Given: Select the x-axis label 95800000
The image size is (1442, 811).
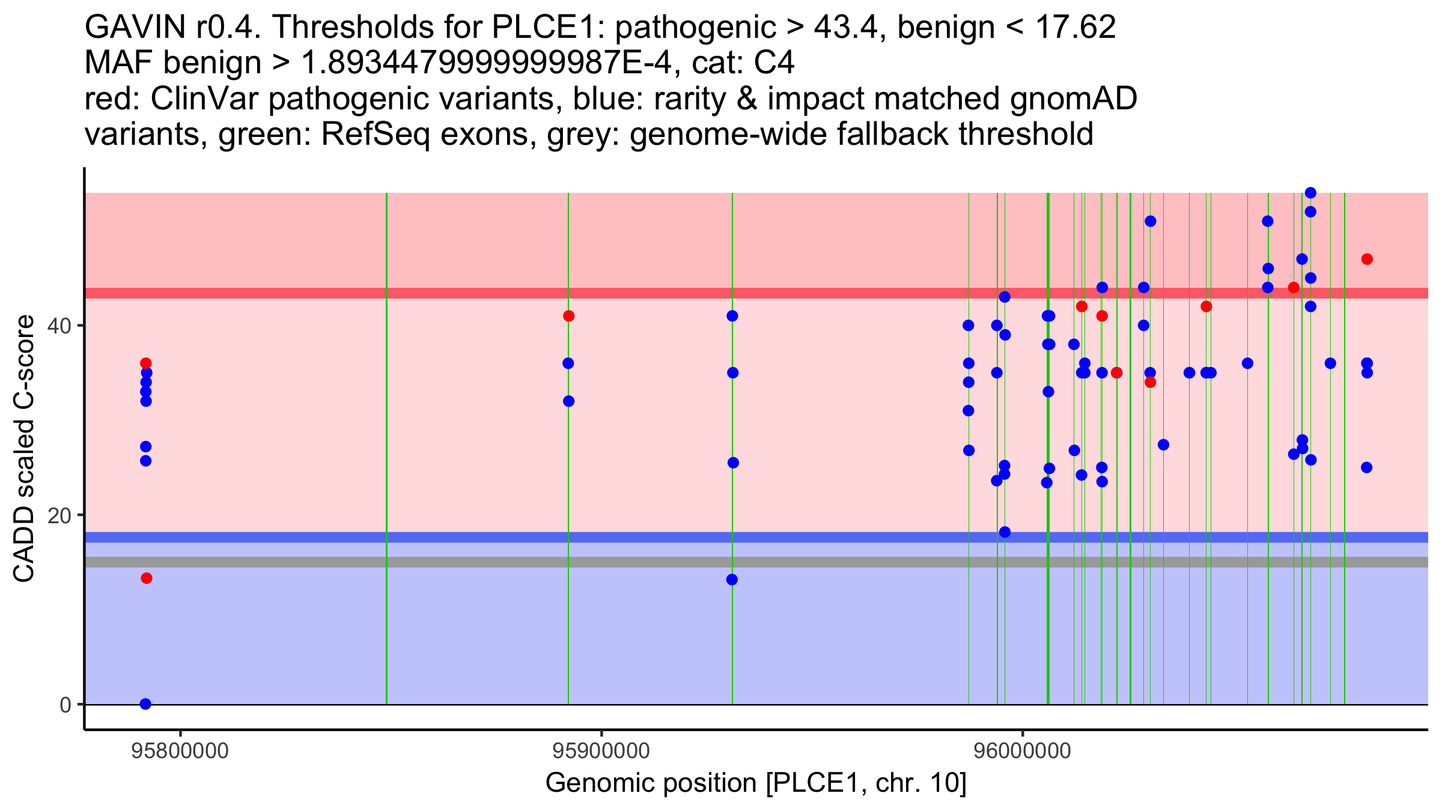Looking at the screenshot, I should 180,751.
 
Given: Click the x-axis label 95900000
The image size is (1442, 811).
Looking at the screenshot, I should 601,751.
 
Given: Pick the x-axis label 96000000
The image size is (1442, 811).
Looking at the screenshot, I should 1022,751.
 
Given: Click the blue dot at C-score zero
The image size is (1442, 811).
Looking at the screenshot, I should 145,704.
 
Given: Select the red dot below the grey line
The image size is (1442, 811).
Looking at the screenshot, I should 147,579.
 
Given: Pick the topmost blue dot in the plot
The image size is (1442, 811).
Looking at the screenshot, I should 1310,193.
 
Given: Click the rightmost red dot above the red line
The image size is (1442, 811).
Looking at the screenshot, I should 1367,260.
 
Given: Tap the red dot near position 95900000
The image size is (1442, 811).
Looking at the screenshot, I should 568,316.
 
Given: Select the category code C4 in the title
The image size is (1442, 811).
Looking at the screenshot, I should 775,64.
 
